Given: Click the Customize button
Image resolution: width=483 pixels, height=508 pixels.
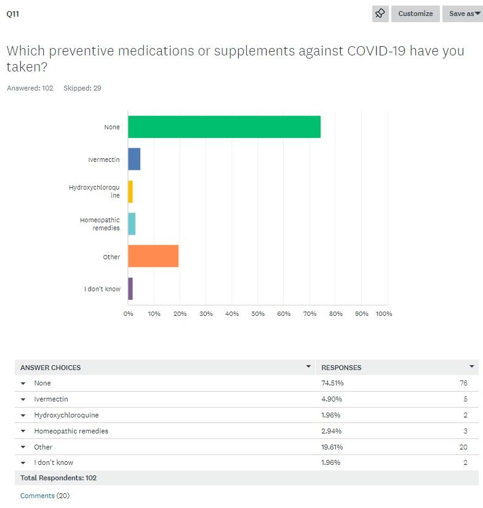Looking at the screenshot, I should (x=415, y=14).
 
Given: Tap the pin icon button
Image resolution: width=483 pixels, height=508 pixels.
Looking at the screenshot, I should (x=380, y=14).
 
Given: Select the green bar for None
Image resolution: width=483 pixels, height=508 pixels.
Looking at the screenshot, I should (x=224, y=127).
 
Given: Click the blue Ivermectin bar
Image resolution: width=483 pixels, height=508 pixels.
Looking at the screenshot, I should (x=134, y=159).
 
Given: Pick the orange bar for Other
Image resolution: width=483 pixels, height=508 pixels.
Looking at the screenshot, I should (x=153, y=256).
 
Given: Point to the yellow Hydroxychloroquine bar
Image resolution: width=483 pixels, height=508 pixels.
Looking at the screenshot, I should (x=130, y=192).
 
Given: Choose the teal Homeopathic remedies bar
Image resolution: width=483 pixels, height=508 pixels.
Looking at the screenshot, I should (x=132, y=224).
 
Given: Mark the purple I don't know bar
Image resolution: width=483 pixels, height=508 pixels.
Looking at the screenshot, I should (x=130, y=288).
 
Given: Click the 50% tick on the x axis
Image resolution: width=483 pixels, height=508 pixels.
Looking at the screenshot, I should (x=258, y=314).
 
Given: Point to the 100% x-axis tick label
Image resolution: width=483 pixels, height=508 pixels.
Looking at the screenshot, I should (x=383, y=314).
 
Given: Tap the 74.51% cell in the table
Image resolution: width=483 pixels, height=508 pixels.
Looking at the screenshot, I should (x=332, y=383).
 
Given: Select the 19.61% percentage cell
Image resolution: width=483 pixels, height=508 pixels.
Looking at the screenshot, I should (x=332, y=447).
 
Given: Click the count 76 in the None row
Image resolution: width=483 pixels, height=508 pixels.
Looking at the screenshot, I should (x=463, y=383).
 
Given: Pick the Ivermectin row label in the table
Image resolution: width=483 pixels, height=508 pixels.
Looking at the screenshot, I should (x=51, y=399).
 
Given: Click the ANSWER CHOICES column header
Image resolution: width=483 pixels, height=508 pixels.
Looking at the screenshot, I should (x=50, y=368).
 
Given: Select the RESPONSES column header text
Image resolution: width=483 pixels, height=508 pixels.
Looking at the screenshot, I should (x=341, y=368).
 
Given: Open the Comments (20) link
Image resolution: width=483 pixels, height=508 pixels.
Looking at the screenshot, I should (x=45, y=496).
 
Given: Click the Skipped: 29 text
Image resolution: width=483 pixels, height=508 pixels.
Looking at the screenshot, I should (x=82, y=88).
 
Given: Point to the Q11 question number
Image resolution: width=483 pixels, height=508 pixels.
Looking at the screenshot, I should (x=12, y=14).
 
